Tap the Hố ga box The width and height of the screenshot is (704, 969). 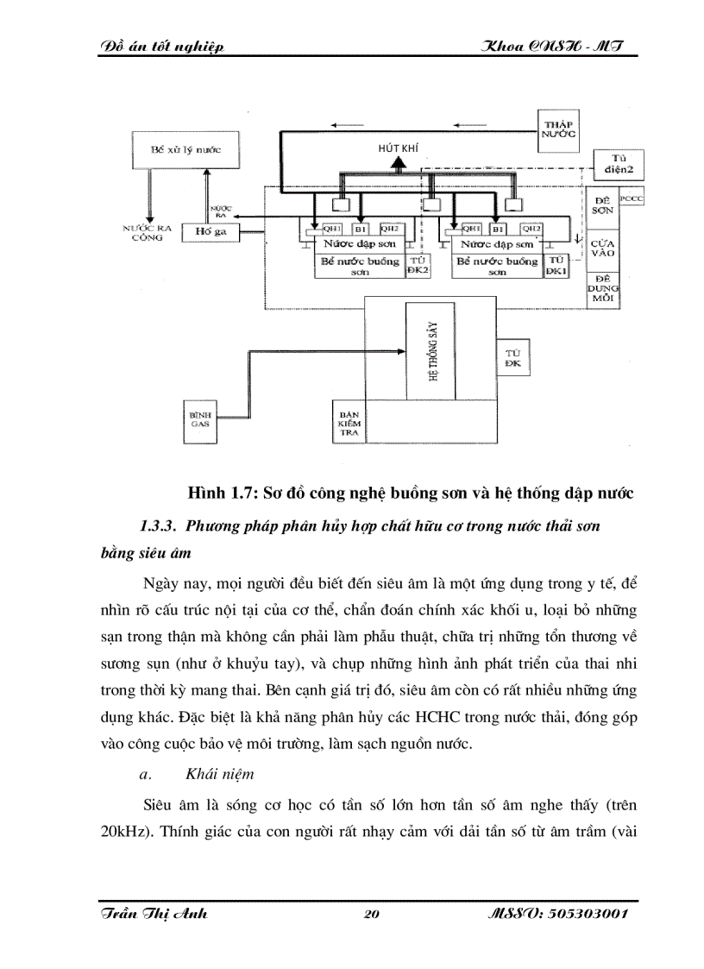tap(204, 231)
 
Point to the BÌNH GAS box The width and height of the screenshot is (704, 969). tap(201, 421)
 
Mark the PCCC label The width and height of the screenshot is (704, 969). tap(632, 198)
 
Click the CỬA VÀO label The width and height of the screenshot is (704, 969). tap(603, 249)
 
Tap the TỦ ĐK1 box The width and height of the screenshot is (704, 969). tap(556, 265)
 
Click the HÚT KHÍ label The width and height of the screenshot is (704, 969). tap(397, 148)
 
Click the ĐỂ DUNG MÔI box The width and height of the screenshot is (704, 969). tap(603, 287)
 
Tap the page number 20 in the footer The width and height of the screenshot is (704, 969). tap(373, 916)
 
